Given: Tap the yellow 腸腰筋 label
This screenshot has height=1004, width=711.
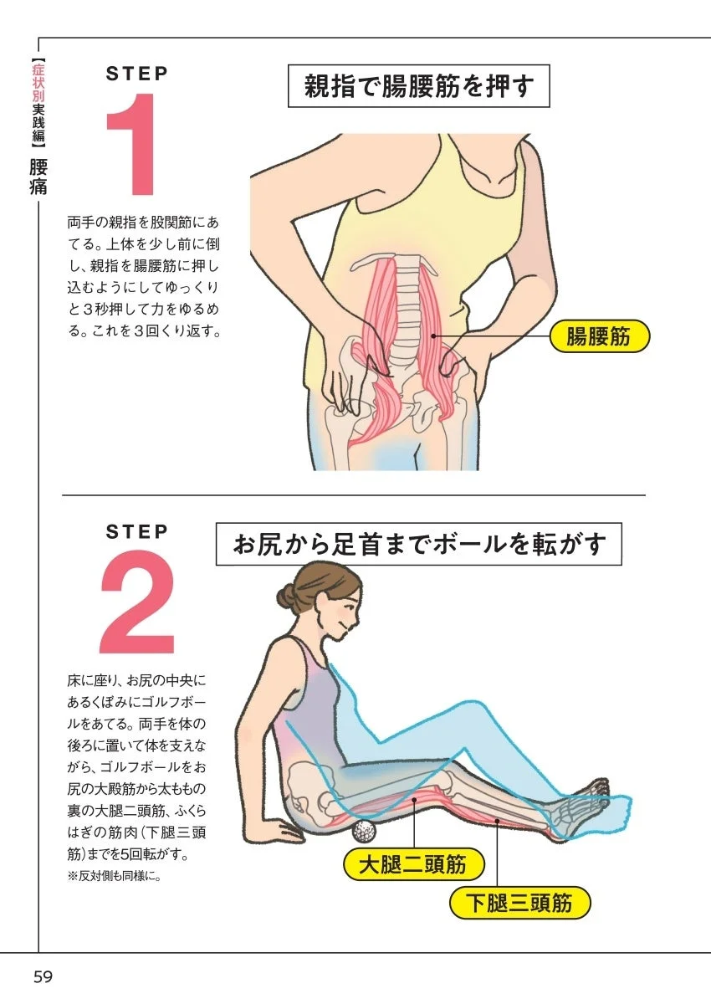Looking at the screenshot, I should (599, 337).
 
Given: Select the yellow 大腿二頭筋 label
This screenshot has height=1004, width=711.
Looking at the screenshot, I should (413, 864).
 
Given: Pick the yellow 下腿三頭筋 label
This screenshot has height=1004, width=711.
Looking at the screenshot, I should (519, 903).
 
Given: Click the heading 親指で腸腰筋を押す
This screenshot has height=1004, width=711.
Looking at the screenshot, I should (418, 86).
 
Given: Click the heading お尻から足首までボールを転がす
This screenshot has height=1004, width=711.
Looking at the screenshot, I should (418, 545).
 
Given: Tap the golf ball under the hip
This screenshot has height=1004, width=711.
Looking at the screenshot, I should (364, 832).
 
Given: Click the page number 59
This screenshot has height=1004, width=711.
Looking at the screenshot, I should (43, 976).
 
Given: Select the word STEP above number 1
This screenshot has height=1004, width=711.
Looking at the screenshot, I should (137, 74).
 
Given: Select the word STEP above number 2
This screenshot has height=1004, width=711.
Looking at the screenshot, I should (137, 531).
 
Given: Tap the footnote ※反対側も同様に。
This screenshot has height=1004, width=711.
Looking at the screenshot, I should (114, 878).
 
